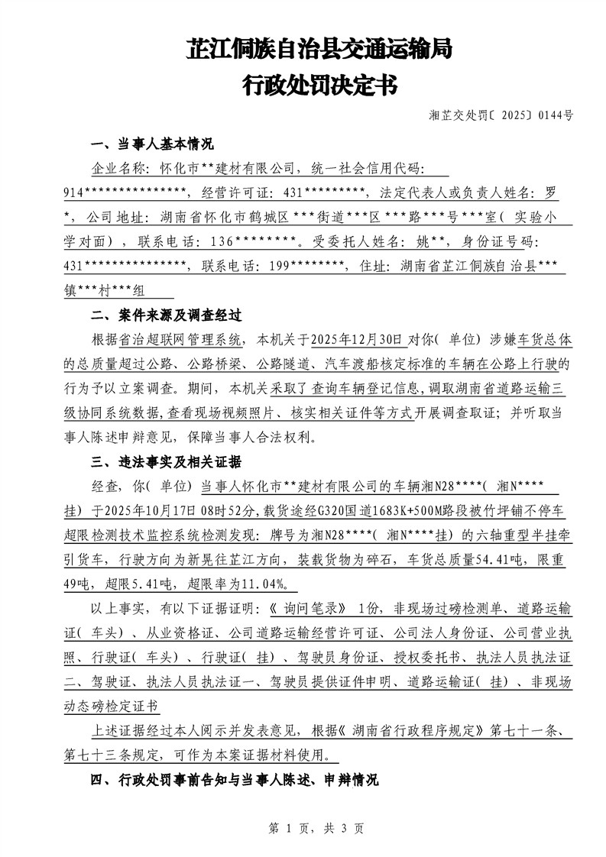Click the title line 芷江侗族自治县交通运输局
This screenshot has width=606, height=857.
(319, 50)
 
